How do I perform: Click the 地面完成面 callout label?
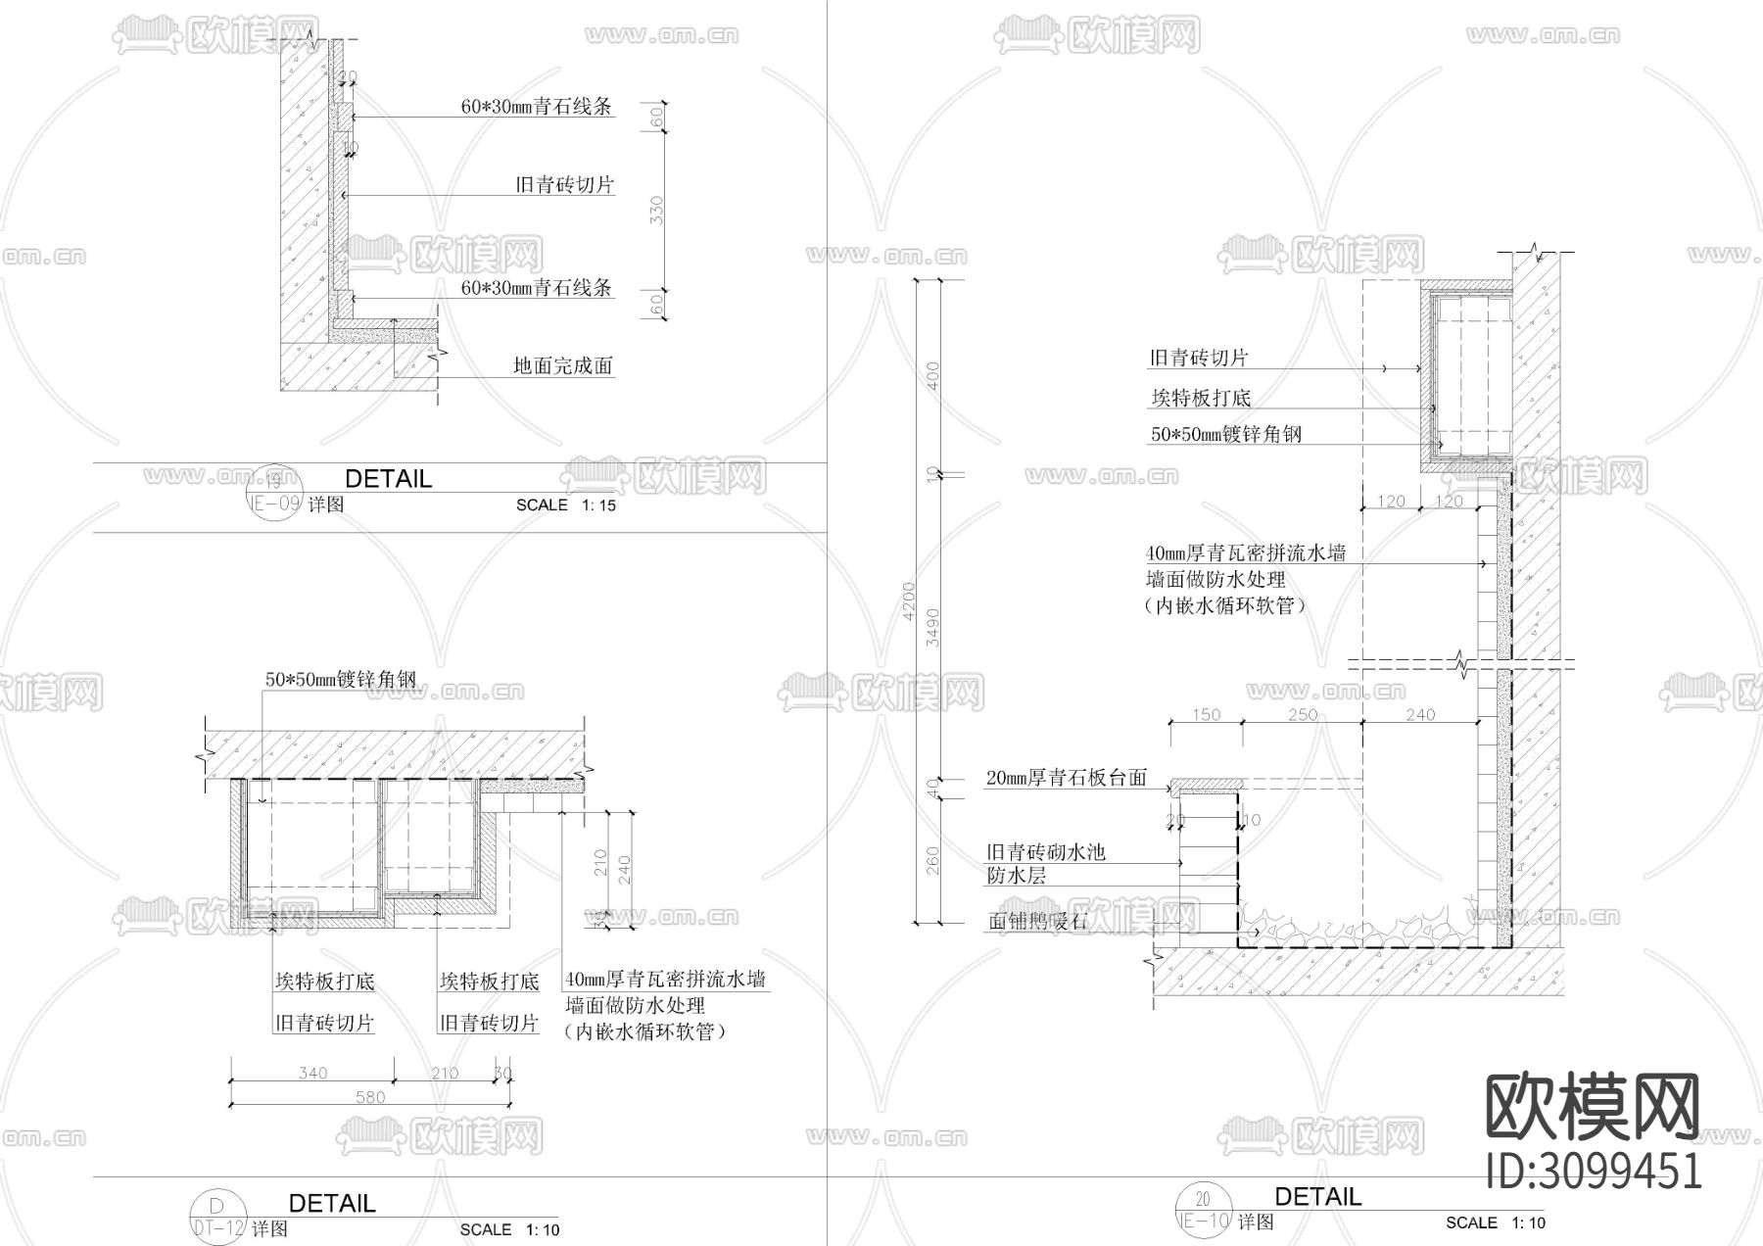pos(563,366)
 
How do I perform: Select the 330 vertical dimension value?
pos(657,210)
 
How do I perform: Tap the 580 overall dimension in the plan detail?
pos(370,1097)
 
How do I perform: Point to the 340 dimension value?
pos(312,1073)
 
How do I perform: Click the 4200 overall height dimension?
pos(908,600)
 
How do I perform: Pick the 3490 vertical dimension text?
pos(933,627)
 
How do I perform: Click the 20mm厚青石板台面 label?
pos(1066,778)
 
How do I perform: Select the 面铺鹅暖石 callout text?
pos(1038,922)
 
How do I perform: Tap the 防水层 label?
pos(1016,876)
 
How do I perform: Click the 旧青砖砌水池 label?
pos(1045,852)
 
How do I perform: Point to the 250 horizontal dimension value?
pos(1303,714)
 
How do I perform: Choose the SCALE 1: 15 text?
pos(566,505)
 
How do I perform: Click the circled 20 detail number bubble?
pos(1203,1199)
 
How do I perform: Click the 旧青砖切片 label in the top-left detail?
pos(564,184)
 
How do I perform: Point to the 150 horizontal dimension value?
pos(1206,714)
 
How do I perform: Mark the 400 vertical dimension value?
pos(933,376)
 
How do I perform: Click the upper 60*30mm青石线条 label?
pos(537,107)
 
